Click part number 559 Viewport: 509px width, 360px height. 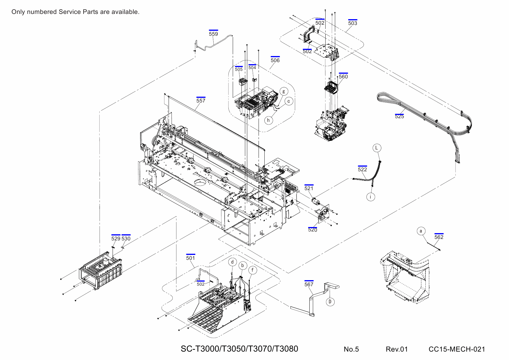213,34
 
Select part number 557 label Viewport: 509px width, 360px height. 201,100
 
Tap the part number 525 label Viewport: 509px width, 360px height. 399,116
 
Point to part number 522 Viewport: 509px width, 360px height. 362,169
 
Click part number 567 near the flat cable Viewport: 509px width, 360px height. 309,284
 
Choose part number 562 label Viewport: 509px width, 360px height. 439,237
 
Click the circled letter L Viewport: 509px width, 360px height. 377,148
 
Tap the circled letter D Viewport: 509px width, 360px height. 330,302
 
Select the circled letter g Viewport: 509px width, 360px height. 284,91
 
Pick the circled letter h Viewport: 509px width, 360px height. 269,120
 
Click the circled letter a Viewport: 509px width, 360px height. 421,231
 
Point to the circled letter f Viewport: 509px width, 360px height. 253,270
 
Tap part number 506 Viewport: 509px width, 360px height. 275,60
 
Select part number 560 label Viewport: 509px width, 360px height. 343,76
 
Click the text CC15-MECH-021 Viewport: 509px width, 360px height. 457,349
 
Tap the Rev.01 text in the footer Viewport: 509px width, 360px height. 397,349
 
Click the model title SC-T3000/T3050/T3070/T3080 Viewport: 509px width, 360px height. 239,349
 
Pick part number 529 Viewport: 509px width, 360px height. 115,238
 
